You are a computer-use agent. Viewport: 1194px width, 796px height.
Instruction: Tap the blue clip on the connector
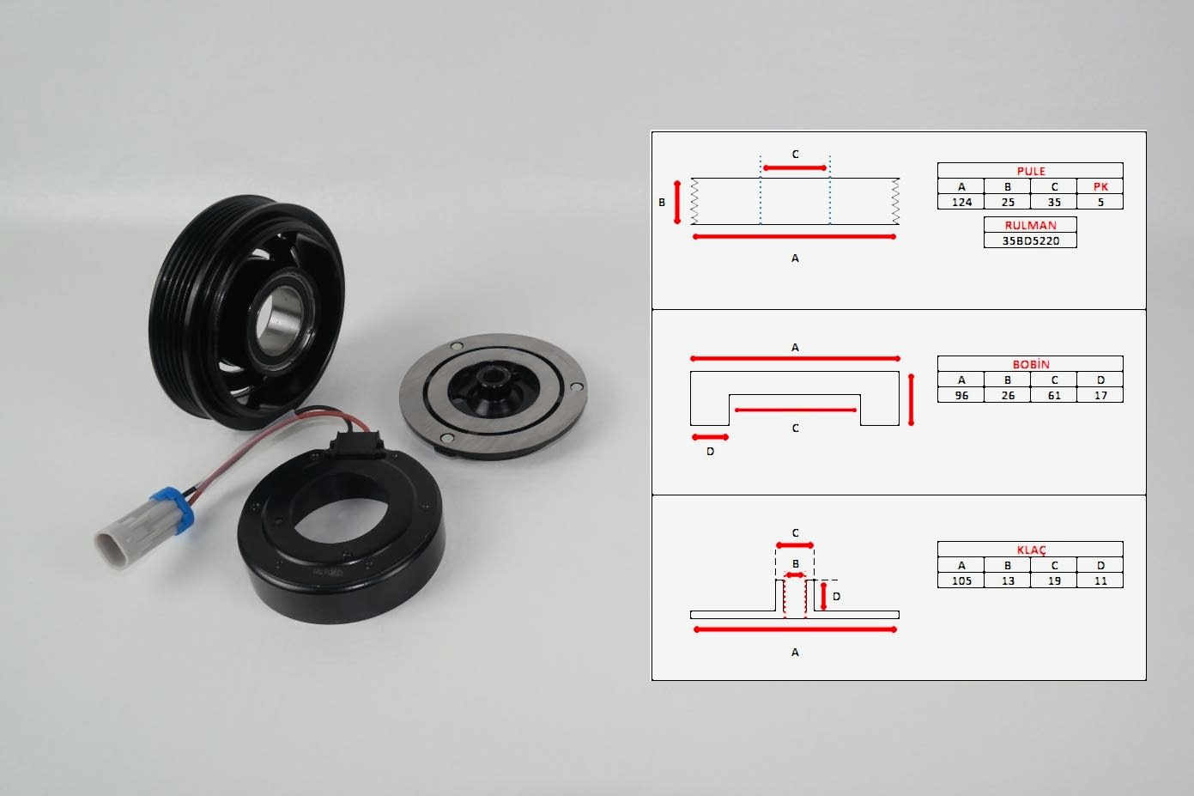pyautogui.click(x=174, y=509)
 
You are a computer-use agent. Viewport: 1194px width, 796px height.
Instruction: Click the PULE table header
pyautogui.click(x=1030, y=171)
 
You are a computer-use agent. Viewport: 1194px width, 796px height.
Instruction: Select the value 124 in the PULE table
pyautogui.click(x=961, y=202)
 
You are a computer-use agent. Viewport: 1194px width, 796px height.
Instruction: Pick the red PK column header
pyautogui.click(x=1100, y=186)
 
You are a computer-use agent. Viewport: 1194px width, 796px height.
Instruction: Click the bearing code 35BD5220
pyautogui.click(x=1030, y=240)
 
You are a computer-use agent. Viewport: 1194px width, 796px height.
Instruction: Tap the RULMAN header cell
pyautogui.click(x=1030, y=225)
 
